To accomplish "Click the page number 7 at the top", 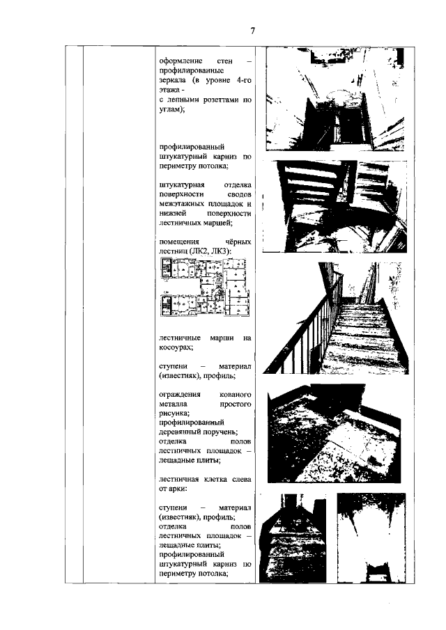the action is [x=252, y=31].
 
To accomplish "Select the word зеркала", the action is [x=173, y=80].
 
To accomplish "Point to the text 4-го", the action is [x=244, y=80].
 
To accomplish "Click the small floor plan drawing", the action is [x=205, y=287].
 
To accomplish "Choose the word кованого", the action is [x=236, y=395].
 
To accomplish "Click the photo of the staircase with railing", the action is [x=335, y=318].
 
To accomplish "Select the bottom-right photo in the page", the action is [x=371, y=537].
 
